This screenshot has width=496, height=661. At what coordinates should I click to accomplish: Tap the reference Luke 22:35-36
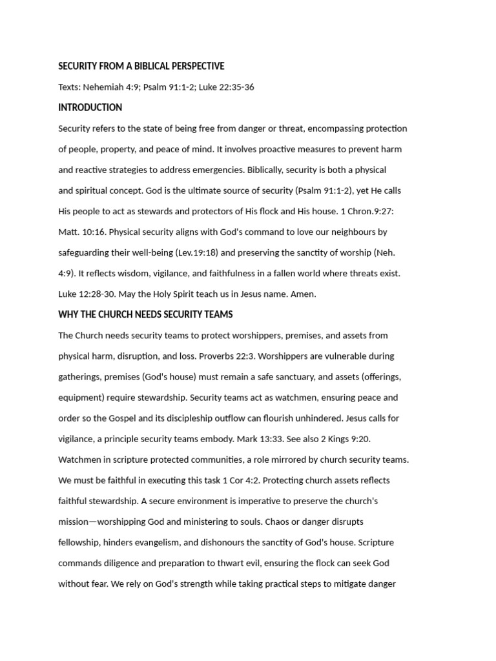[226, 87]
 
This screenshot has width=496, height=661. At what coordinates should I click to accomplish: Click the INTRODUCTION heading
[90, 108]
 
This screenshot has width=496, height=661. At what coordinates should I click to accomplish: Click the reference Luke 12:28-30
[85, 294]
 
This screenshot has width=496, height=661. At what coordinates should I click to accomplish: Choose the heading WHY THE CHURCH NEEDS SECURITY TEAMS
[145, 314]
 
